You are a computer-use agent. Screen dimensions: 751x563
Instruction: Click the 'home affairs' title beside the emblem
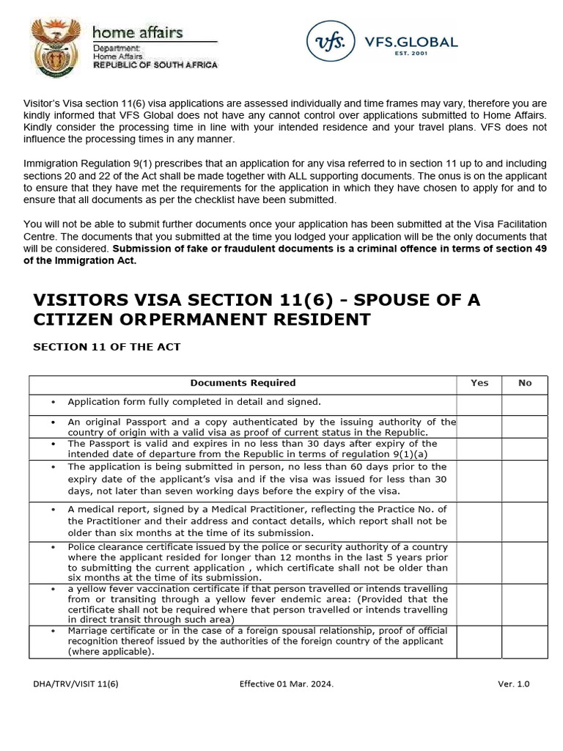point(137,32)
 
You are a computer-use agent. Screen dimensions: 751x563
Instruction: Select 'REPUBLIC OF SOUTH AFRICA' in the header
point(155,65)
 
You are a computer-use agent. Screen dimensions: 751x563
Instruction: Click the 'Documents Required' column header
point(243,383)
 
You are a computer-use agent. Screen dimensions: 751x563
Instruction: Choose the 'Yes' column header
point(479,383)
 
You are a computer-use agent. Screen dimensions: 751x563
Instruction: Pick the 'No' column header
point(525,383)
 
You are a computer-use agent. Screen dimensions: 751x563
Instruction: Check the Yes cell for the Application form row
point(479,404)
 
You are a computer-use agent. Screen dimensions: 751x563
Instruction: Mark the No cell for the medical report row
point(525,521)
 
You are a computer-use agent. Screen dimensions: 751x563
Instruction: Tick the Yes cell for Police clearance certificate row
point(479,563)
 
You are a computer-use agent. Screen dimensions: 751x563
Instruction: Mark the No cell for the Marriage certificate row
point(525,642)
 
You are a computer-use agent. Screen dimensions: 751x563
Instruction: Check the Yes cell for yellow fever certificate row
point(479,604)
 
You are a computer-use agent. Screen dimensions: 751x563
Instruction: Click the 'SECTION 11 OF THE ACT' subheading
point(106,347)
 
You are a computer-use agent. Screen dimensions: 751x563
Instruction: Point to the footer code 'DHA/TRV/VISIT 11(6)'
point(76,684)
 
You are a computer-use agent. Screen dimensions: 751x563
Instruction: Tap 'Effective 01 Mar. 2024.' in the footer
point(286,684)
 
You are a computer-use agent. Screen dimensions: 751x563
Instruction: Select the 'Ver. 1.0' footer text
point(513,684)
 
